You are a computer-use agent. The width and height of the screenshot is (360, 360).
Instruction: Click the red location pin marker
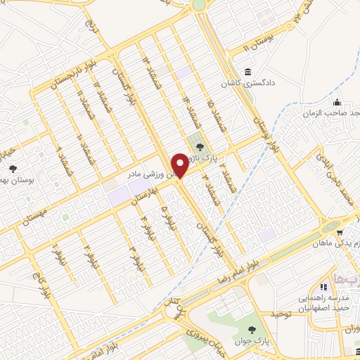[x=181, y=165]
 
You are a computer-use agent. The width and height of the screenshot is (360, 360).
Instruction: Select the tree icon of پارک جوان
[x=253, y=330]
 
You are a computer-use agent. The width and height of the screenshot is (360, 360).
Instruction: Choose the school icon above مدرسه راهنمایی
[x=324, y=287]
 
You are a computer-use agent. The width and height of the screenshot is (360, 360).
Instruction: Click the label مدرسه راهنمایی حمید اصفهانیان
[x=323, y=303]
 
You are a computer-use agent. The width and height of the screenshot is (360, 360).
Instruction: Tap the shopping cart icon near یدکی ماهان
[x=340, y=231]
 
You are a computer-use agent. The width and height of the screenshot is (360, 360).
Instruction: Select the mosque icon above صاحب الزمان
[x=337, y=101]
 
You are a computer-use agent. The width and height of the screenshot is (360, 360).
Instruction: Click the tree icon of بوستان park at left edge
[x=13, y=168]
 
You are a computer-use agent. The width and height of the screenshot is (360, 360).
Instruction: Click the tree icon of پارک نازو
[x=201, y=148]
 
